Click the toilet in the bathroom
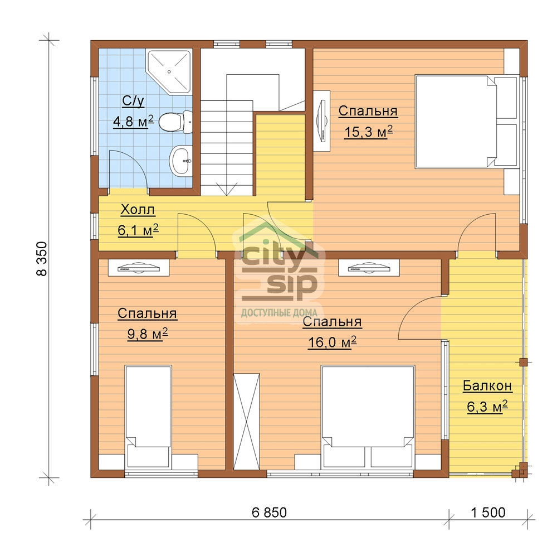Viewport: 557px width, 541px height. coord(175,122)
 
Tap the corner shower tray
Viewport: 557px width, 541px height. coord(170,71)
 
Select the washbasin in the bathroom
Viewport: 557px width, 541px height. coord(181,161)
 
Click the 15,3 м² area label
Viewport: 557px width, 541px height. coord(368,132)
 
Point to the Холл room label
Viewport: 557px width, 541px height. coord(138,210)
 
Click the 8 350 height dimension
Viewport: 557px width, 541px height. coord(42,259)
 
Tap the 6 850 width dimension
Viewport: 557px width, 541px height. coord(269,513)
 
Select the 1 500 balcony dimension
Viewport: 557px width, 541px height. coord(488,513)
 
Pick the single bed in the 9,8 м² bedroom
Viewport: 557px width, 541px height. coord(148,417)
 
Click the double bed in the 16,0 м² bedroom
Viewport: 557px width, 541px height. coord(368,416)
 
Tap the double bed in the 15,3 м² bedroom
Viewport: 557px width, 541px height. coord(466,121)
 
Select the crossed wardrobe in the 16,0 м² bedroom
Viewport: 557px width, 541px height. coord(246,422)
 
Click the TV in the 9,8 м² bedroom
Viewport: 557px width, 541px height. coord(139,268)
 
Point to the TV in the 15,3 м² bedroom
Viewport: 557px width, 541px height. coord(322,121)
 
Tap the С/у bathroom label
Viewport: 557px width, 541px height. coord(133,101)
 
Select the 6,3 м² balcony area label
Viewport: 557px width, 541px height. coord(487,407)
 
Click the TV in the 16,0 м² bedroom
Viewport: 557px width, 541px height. coord(369,268)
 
